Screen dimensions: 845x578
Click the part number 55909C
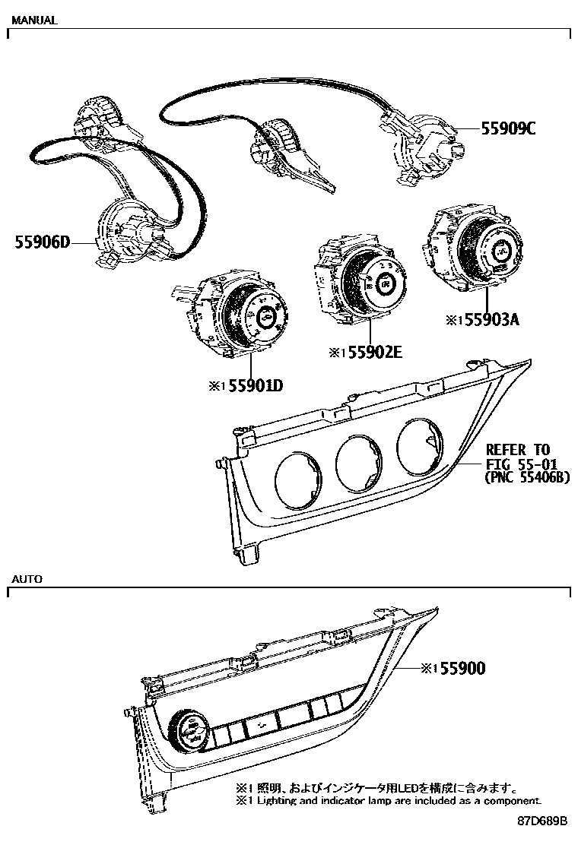(508, 128)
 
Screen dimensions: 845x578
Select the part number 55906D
(43, 242)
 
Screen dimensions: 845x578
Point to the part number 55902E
(371, 353)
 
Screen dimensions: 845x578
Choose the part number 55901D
(252, 386)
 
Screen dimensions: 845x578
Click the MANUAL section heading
(33, 21)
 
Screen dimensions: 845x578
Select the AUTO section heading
(27, 578)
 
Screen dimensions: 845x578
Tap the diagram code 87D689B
(543, 821)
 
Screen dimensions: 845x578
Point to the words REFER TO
(517, 450)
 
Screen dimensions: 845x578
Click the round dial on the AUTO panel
(185, 734)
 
